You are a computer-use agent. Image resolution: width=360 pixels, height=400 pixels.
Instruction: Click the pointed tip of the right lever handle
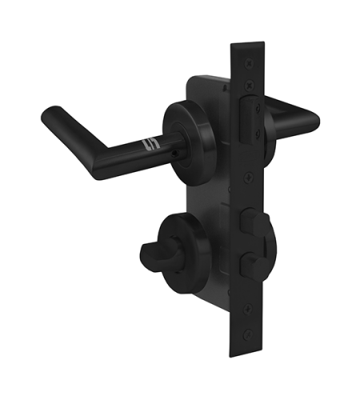pos(313,122)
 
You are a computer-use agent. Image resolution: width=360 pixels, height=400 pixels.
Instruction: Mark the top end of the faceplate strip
pos(245,46)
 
